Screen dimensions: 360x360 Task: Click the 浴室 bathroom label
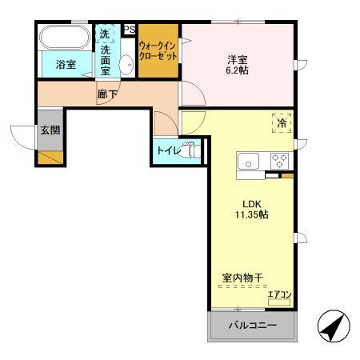pyautogui.click(x=66, y=65)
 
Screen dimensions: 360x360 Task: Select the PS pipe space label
pyautogui.click(x=130, y=31)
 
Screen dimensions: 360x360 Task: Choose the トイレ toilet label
pyautogui.click(x=170, y=150)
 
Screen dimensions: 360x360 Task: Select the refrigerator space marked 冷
pyautogui.click(x=282, y=123)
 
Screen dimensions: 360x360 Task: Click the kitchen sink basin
pyautogui.click(x=249, y=162)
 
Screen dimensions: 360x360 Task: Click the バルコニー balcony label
pyautogui.click(x=251, y=326)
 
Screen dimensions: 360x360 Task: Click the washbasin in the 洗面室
pyautogui.click(x=126, y=65)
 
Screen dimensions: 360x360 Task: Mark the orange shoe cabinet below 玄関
pyautogui.click(x=47, y=156)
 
